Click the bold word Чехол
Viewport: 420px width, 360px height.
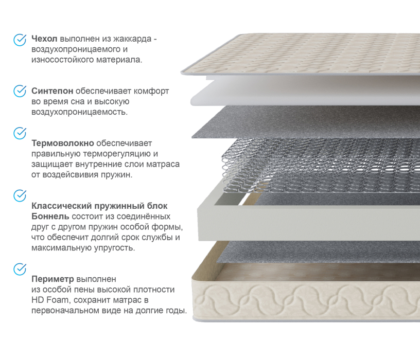(x=44, y=39)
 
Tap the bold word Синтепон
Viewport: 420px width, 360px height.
(x=52, y=91)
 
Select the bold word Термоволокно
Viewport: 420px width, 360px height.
(x=63, y=143)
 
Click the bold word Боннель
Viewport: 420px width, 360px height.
(x=50, y=217)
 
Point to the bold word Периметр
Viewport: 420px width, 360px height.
(x=52, y=279)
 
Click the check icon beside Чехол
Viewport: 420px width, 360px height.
(x=20, y=40)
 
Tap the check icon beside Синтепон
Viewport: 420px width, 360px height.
(x=20, y=91)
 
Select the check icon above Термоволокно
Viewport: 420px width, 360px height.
(x=20, y=133)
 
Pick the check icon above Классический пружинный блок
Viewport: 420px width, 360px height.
(x=20, y=195)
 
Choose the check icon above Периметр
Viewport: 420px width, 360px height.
(x=20, y=269)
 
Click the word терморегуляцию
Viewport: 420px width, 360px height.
(x=117, y=154)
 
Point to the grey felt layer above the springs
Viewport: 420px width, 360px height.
(x=306, y=122)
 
